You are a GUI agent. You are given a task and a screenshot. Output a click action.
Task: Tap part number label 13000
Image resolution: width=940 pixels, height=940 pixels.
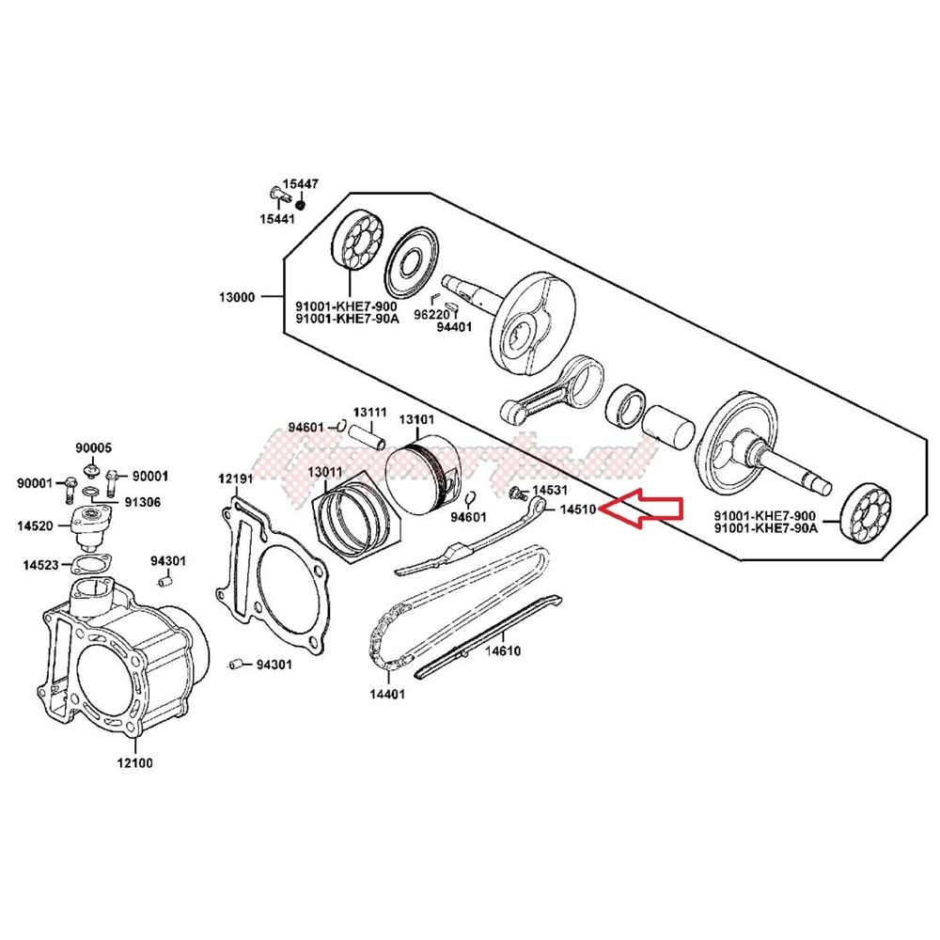pyautogui.click(x=236, y=297)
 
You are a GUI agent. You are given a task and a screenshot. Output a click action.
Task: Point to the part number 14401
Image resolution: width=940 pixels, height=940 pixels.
pyautogui.click(x=386, y=695)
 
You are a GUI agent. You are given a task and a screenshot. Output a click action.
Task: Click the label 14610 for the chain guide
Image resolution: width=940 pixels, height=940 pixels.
pyautogui.click(x=502, y=650)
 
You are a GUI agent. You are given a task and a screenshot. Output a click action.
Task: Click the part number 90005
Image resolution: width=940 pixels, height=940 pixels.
pyautogui.click(x=94, y=448)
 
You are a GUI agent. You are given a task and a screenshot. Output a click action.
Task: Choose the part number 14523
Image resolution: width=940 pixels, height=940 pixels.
pyautogui.click(x=41, y=564)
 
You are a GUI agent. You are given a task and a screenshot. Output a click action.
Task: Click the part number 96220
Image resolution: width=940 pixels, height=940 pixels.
pyautogui.click(x=432, y=315)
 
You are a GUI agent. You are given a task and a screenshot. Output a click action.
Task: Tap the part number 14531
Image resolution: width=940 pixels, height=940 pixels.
pyautogui.click(x=549, y=491)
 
